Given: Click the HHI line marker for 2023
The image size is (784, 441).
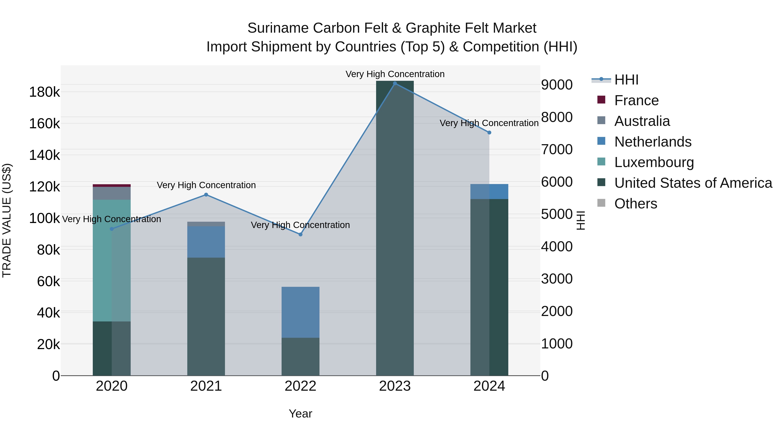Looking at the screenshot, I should (x=395, y=83).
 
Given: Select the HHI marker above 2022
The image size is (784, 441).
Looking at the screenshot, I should (x=300, y=234).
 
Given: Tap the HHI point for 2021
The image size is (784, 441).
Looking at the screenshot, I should (x=206, y=195).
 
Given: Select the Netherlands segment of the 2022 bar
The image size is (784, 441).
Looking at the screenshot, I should (x=300, y=312).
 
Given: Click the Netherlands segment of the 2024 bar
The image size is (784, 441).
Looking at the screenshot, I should (x=489, y=191).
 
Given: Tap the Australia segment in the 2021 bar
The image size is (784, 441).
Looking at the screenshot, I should (x=206, y=224).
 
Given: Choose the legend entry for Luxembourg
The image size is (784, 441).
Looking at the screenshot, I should (x=654, y=162).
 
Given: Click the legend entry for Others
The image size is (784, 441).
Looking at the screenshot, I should (x=635, y=204).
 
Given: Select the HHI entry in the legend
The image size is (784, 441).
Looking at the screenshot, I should (x=626, y=80).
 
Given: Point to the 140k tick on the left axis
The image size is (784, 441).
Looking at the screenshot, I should (x=44, y=155).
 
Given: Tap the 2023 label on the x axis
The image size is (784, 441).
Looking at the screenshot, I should (x=395, y=386).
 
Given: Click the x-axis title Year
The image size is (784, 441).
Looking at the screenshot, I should (x=300, y=414).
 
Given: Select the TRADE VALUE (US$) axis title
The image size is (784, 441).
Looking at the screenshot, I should (x=7, y=220).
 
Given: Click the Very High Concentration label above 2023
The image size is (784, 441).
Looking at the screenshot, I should (x=395, y=74).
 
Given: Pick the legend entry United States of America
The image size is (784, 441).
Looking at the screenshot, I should (x=693, y=183).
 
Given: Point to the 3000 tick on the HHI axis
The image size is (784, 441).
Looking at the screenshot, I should (x=557, y=279).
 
